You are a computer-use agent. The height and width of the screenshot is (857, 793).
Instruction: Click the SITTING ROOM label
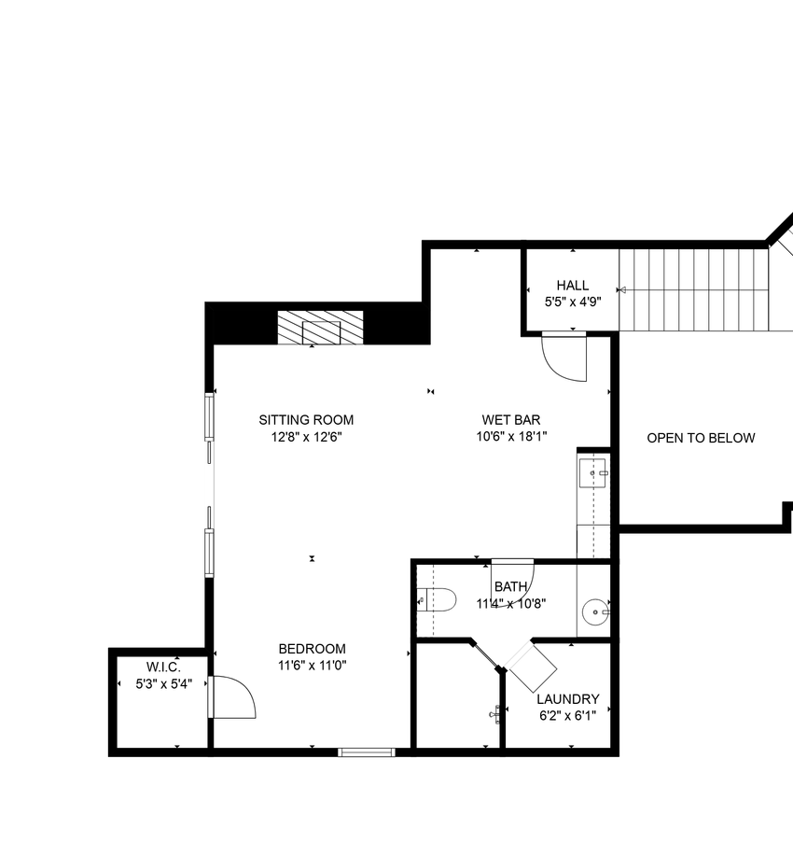pos(306,420)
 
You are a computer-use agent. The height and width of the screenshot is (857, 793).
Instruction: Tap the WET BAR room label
pos(510,420)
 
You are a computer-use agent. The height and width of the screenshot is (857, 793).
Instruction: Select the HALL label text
pos(572,286)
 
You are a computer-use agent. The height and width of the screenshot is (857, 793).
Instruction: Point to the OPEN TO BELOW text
pos(701,438)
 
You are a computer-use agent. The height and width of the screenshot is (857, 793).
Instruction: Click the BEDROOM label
pos(312,649)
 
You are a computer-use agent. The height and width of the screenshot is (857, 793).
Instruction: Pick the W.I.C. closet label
pos(163,667)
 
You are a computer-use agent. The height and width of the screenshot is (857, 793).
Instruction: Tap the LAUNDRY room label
pos(568,699)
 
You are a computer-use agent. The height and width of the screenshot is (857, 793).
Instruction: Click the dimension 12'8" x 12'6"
pos(306,437)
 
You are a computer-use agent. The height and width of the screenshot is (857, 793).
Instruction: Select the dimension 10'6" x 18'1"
pos(511,437)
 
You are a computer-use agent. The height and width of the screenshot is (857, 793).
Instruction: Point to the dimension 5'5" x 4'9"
pos(573,302)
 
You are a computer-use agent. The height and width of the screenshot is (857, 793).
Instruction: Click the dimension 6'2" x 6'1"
pos(568,716)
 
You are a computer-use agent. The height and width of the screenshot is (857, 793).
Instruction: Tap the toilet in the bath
pos(437,600)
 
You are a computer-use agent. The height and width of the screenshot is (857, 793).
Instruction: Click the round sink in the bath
pos(595,612)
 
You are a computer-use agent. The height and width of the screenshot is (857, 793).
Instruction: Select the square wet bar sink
pos(593,473)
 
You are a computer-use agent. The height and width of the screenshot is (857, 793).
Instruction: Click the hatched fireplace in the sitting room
pos(321,328)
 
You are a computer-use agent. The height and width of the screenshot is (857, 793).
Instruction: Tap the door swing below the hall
pos(564,358)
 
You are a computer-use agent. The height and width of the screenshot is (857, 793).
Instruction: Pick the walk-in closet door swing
pos(233,696)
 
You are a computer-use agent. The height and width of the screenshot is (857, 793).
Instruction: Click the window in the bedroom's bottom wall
pos(367,752)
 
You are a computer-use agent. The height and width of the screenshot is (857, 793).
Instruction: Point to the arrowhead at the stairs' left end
pos(621,290)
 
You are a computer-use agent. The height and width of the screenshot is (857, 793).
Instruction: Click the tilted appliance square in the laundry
pos(530,667)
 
